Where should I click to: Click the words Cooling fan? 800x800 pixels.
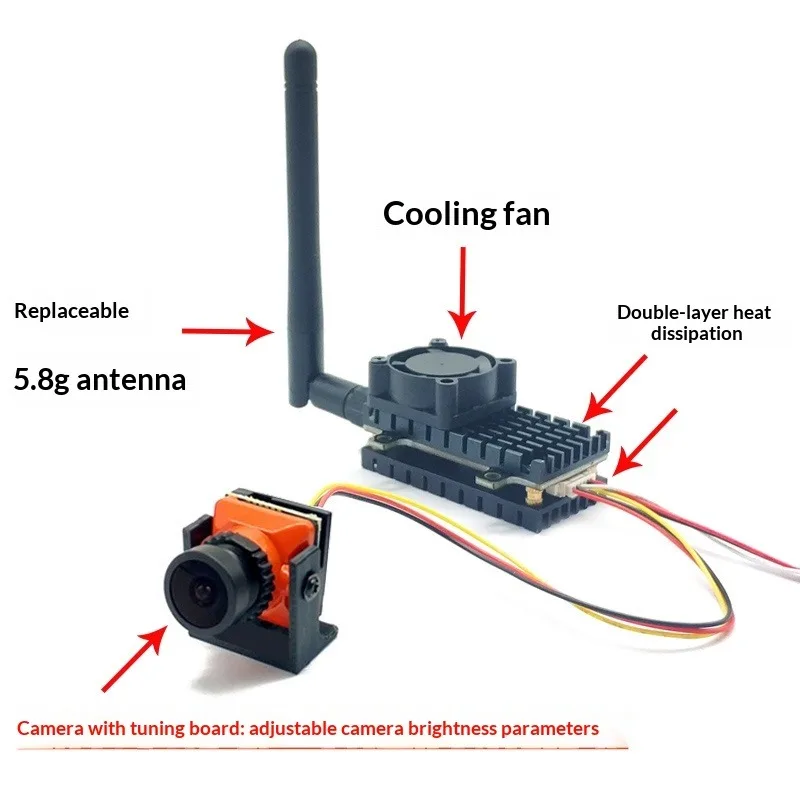(x=466, y=213)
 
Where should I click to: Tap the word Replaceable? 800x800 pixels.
(x=71, y=311)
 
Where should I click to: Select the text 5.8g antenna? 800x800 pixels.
(x=100, y=380)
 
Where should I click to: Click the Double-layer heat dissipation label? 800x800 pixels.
(x=693, y=323)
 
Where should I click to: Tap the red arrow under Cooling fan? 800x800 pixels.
(x=462, y=290)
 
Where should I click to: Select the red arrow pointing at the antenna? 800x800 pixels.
(x=225, y=330)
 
